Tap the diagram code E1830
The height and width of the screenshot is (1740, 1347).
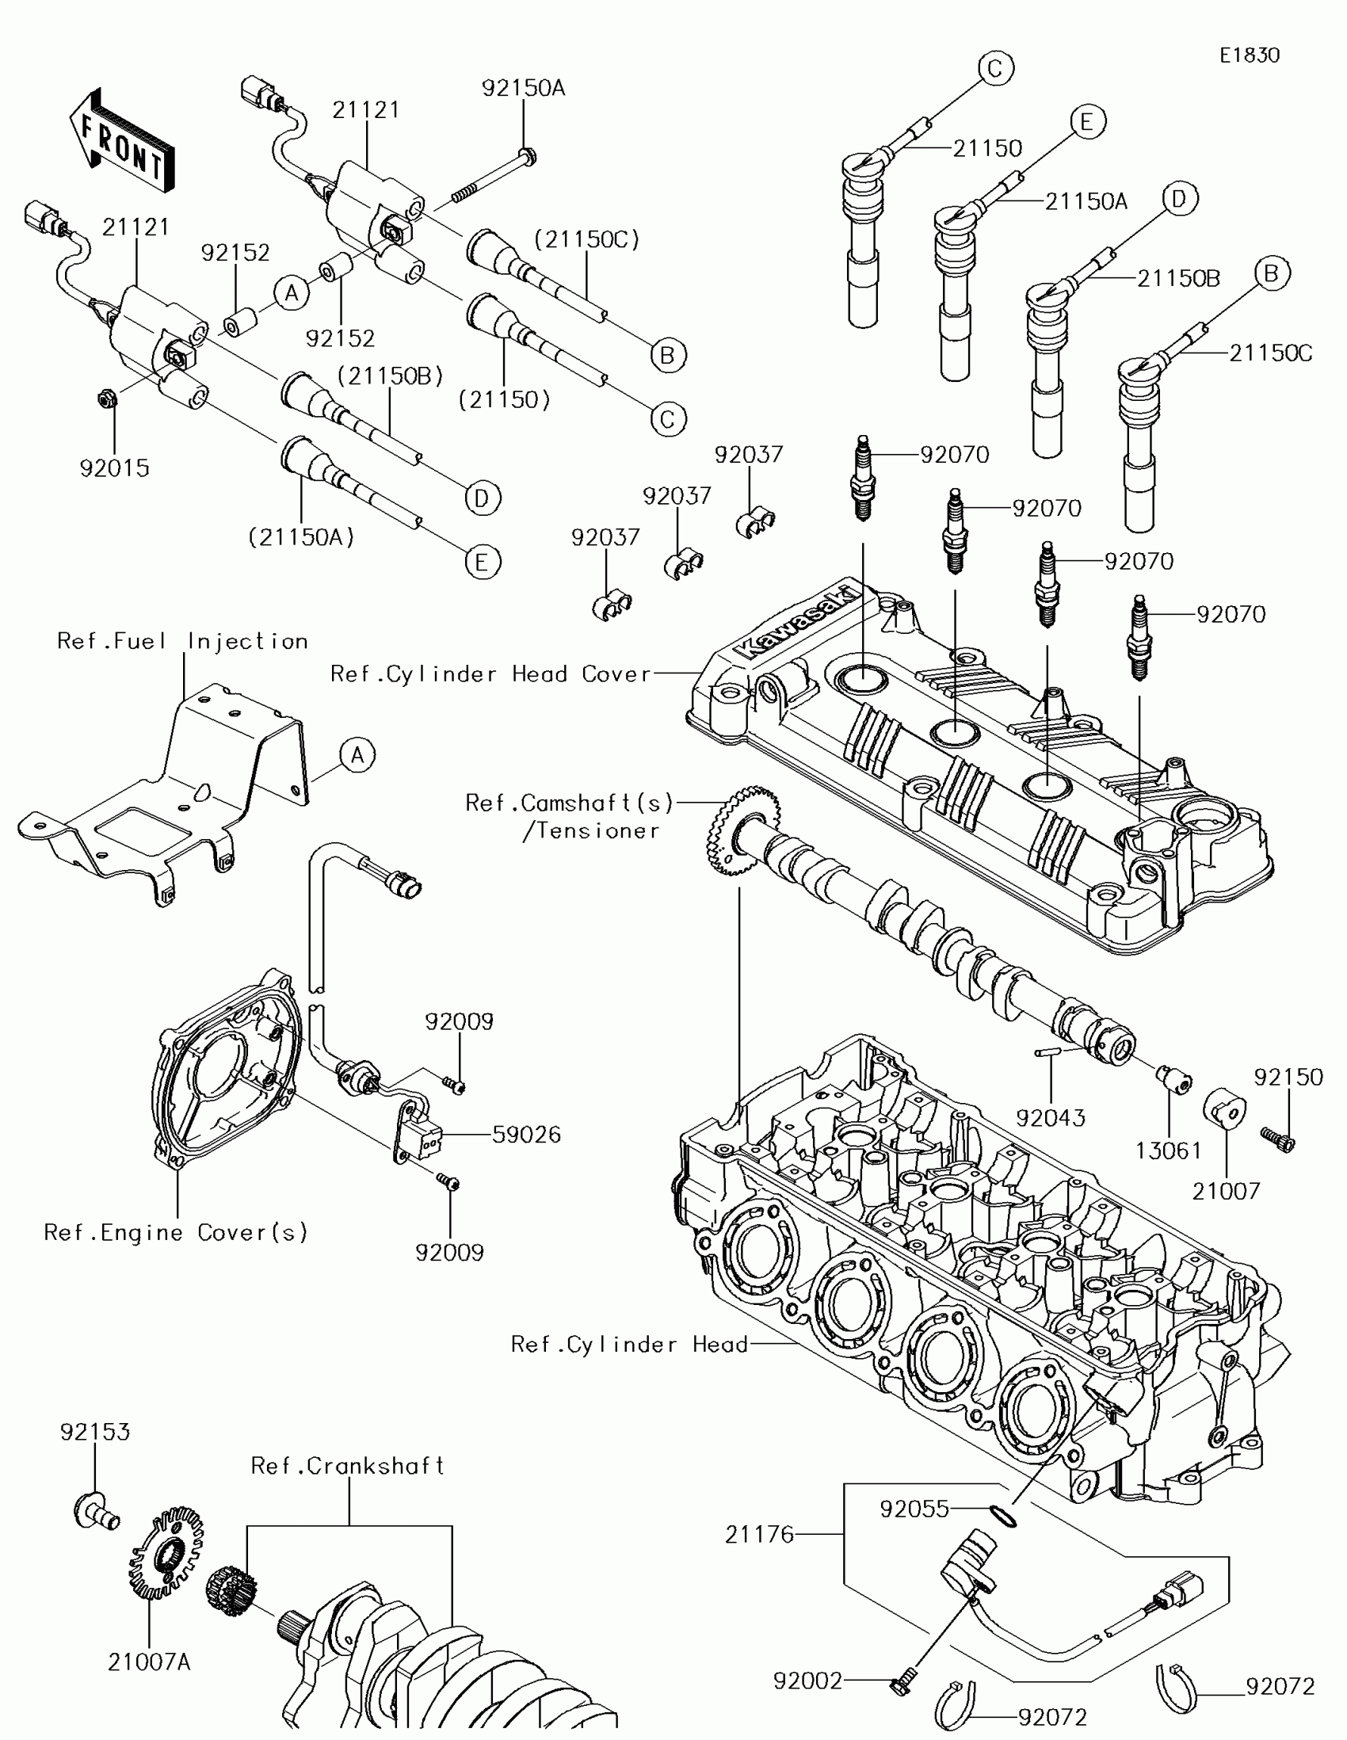pos(1249,55)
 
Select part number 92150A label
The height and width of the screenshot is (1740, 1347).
pos(523,88)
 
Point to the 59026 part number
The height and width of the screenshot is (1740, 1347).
pos(527,1135)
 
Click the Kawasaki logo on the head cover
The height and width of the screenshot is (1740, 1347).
pos(796,622)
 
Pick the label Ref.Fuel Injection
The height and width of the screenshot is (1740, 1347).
pos(182,641)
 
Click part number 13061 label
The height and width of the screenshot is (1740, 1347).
pos(1169,1150)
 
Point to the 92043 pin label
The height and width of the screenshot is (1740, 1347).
pos(1051,1118)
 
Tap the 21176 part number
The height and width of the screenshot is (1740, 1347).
pos(759,1534)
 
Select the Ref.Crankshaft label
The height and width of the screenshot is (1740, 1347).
pos(347,1466)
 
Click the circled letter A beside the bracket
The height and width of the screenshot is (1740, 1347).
pos(357,754)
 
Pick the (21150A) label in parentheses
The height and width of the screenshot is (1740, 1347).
pos(301,537)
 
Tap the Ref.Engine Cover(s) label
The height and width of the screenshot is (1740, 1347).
pos(176,1233)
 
